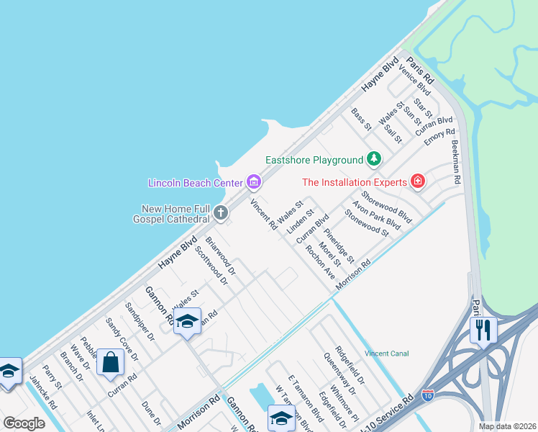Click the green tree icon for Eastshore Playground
click(373, 158)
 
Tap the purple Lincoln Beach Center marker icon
click(253, 182)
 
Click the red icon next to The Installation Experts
click(417, 181)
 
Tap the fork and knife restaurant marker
click(484, 330)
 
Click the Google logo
click(24, 423)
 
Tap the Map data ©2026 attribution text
click(507, 426)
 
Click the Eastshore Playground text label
click(314, 159)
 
